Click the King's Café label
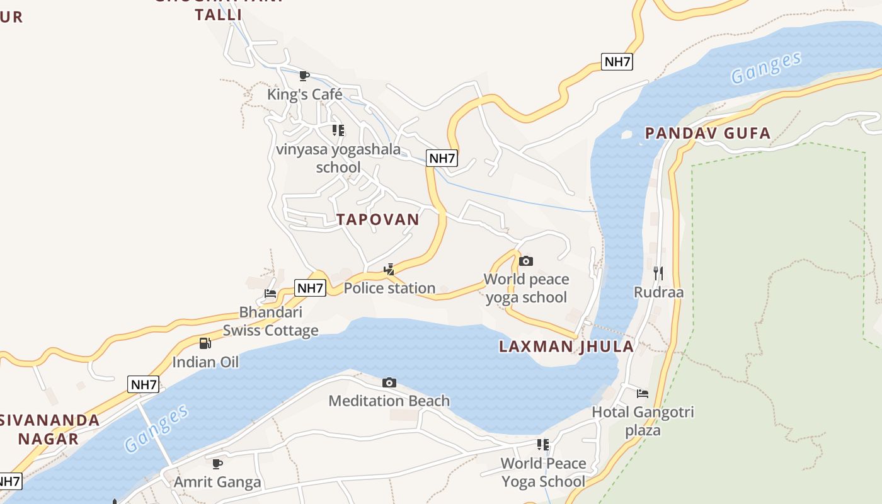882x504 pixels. point(305,94)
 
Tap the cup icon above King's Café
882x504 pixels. point(304,76)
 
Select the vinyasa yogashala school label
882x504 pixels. point(338,158)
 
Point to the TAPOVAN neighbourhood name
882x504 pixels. point(377,219)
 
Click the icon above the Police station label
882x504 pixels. point(389,270)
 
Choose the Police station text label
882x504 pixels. point(389,288)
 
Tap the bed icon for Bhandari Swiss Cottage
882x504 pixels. point(270,294)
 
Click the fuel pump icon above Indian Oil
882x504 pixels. point(205,343)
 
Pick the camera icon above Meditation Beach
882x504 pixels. point(389,382)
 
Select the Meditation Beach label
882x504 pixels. point(389,401)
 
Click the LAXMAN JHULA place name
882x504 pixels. point(566,346)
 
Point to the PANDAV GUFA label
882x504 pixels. point(707,133)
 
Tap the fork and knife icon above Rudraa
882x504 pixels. point(658,273)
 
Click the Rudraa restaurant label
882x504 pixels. point(658,292)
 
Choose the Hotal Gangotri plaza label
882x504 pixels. point(643,421)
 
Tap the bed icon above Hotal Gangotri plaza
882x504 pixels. point(643,394)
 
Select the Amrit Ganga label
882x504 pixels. point(217,483)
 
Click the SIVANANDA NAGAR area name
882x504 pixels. point(49,429)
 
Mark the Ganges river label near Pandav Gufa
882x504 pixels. point(766,68)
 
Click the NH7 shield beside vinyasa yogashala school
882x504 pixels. point(442,158)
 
